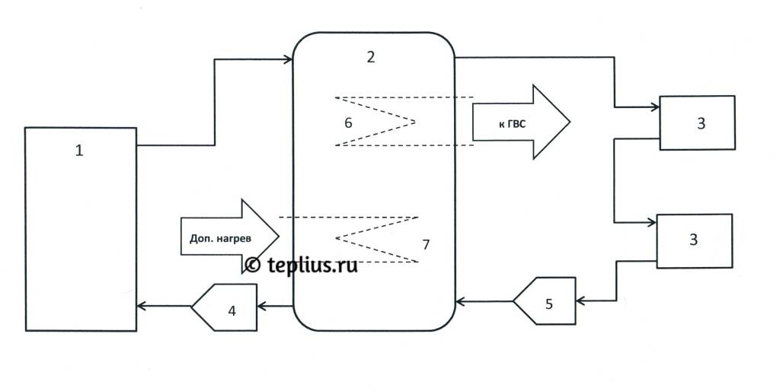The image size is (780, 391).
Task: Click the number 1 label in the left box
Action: click(78, 150)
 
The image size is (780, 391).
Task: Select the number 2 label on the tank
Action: click(370, 56)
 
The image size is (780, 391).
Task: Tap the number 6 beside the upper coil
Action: click(348, 122)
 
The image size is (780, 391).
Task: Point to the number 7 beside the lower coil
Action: click(426, 244)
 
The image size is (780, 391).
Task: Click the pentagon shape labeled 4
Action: click(225, 307)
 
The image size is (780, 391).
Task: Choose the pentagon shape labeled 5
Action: click(545, 301)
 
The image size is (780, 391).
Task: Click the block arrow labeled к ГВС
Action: click(520, 122)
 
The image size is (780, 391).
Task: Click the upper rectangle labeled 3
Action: click(697, 123)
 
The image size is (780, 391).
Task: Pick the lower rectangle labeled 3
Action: click(694, 240)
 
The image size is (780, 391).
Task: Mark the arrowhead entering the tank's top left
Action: click(289, 59)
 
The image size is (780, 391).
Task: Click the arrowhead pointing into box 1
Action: click(141, 307)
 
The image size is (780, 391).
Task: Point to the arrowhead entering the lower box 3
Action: click(652, 222)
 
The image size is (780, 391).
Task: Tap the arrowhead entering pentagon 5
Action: click(580, 301)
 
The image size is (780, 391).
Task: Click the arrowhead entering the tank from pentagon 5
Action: click(459, 302)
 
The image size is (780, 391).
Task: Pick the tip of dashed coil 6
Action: click(416, 121)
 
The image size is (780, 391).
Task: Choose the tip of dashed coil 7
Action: click(337, 240)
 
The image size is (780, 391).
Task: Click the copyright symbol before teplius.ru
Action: click(253, 264)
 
